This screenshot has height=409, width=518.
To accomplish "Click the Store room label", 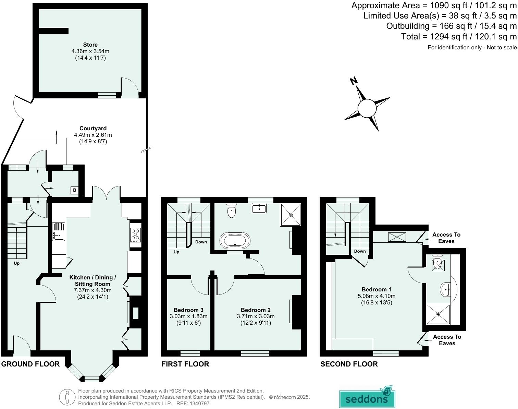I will point(90,45).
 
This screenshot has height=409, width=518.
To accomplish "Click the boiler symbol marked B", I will point(74,190).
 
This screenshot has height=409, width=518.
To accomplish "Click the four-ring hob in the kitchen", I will point(135,235).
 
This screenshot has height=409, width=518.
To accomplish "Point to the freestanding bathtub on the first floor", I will point(235,240).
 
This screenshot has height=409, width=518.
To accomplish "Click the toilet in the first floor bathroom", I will point(232,211).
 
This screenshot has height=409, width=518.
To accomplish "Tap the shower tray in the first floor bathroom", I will point(291,215).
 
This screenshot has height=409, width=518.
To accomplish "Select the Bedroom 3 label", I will point(188,310).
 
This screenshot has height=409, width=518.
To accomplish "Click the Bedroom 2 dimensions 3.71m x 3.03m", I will point(256,316).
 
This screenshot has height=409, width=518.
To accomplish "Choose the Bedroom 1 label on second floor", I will point(377,289).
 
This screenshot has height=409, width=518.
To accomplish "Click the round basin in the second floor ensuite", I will point(446,289).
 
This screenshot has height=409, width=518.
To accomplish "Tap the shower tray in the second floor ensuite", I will point(438,314).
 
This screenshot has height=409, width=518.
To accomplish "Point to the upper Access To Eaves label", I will point(446,238).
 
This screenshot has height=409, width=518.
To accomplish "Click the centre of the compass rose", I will point(367,108).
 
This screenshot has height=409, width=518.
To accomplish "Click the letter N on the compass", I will point(354,81).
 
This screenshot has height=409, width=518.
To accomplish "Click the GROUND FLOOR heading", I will point(30,364).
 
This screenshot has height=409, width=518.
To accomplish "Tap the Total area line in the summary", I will point(459,36).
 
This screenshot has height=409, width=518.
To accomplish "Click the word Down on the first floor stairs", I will point(201,242).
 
